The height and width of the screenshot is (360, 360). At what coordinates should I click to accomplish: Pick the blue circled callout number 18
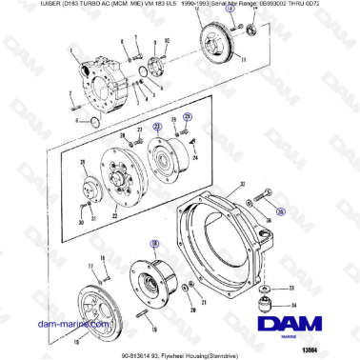coord(152,244)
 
